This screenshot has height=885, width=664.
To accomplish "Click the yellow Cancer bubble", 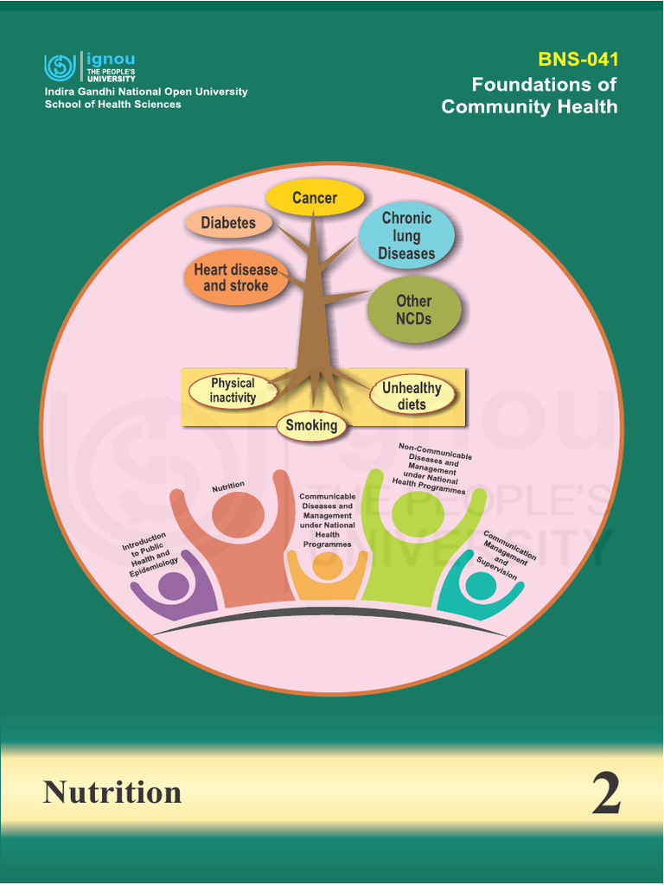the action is click(314, 198).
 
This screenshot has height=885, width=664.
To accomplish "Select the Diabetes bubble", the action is click(229, 223).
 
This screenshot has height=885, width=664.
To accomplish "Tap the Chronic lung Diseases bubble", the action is click(406, 235).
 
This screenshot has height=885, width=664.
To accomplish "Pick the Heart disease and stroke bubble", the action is click(236, 277).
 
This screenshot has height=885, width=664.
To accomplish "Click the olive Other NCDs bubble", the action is click(414, 309).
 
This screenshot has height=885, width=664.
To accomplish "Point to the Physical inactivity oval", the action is click(233, 391).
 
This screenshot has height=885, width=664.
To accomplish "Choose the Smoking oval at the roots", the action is click(311, 425).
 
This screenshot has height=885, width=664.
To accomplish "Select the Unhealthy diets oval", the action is click(412, 396).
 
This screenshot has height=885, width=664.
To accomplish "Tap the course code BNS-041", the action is click(578, 60).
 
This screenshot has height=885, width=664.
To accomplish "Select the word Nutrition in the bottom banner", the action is click(112, 792).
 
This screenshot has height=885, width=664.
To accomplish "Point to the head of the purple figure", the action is click(174, 587).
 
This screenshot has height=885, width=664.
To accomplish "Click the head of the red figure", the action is click(238, 516).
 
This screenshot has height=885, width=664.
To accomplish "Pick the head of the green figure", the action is click(418, 513).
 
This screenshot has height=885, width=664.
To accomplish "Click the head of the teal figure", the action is click(482, 587).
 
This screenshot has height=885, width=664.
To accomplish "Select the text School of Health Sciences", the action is click(113, 105).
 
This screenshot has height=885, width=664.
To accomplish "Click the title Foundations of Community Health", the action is click(530, 96).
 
